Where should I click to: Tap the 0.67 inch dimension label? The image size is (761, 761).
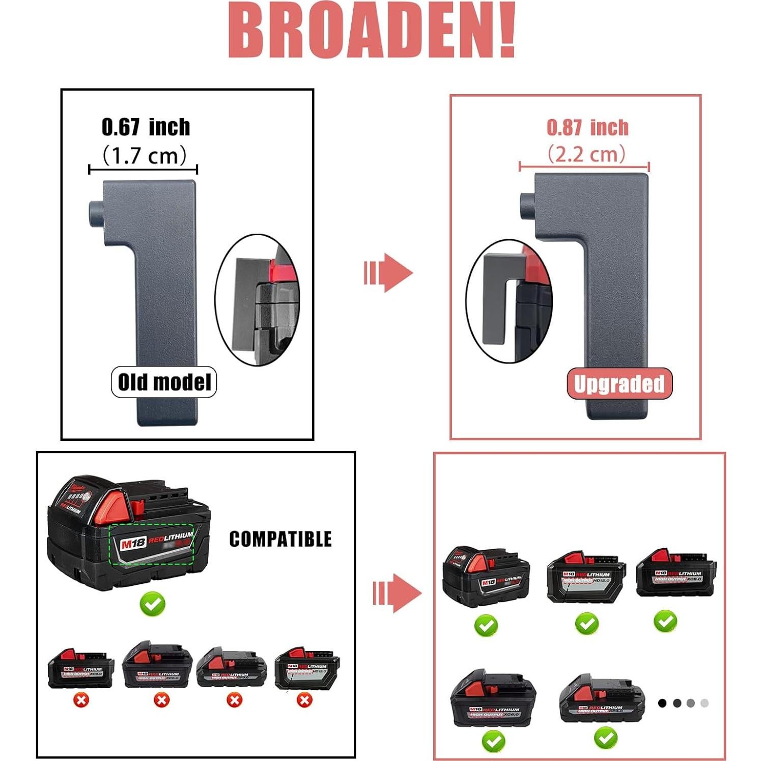click(146, 127)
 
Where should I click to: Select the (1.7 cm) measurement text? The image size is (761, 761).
click(145, 155)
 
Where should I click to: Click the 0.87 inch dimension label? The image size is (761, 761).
click(587, 127)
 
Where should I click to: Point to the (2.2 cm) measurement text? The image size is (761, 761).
click(586, 154)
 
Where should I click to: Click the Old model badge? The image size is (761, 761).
click(164, 382)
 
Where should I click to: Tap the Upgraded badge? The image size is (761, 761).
click(619, 383)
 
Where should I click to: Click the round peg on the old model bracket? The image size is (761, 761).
click(95, 214)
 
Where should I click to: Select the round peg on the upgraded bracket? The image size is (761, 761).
click(526, 204)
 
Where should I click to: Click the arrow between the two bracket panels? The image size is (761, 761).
click(388, 272)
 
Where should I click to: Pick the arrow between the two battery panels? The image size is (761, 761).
click(397, 593)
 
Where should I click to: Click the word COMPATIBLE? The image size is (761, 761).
click(280, 539)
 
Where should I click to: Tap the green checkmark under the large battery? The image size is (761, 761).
click(153, 604)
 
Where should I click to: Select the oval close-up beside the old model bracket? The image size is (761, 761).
click(258, 300)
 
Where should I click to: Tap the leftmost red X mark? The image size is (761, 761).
click(81, 700)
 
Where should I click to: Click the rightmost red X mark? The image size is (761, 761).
click(304, 700)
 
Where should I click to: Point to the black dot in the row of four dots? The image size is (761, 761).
click(662, 703)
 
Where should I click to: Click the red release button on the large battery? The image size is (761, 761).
click(136, 507)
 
